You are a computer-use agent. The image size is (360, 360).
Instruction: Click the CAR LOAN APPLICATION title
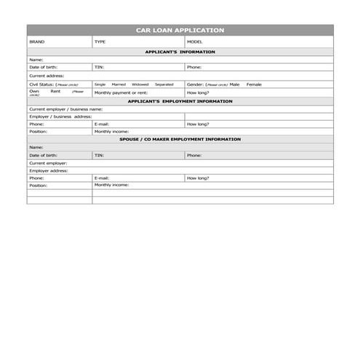pyautogui.click(x=180, y=30)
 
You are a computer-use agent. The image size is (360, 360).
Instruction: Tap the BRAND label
pyautogui.click(x=36, y=42)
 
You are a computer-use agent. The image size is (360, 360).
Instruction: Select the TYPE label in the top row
pyautogui.click(x=100, y=42)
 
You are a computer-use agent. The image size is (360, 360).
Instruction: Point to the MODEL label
pyautogui.click(x=195, y=42)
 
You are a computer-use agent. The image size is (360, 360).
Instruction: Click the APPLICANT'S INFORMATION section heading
pyautogui.click(x=180, y=52)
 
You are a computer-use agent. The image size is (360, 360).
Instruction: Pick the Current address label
pyautogui.click(x=47, y=76)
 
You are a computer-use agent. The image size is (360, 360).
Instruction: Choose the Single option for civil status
pyautogui.click(x=100, y=84)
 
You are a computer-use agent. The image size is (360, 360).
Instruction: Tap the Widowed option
pyautogui.click(x=140, y=84)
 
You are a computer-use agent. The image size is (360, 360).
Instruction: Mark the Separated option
pyautogui.click(x=164, y=84)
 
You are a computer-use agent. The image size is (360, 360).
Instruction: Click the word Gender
pyautogui.click(x=195, y=84)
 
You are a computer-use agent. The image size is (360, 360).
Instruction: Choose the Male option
pyautogui.click(x=234, y=84)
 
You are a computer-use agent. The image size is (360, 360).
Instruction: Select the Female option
pyautogui.click(x=254, y=84)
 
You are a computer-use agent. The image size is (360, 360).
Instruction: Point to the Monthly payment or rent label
pyautogui.click(x=121, y=93)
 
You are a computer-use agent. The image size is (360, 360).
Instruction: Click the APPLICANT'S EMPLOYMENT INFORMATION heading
pyautogui.click(x=180, y=102)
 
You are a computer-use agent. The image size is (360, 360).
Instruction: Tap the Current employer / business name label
pyautogui.click(x=65, y=109)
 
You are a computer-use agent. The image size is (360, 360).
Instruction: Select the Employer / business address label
pyautogui.click(x=60, y=116)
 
